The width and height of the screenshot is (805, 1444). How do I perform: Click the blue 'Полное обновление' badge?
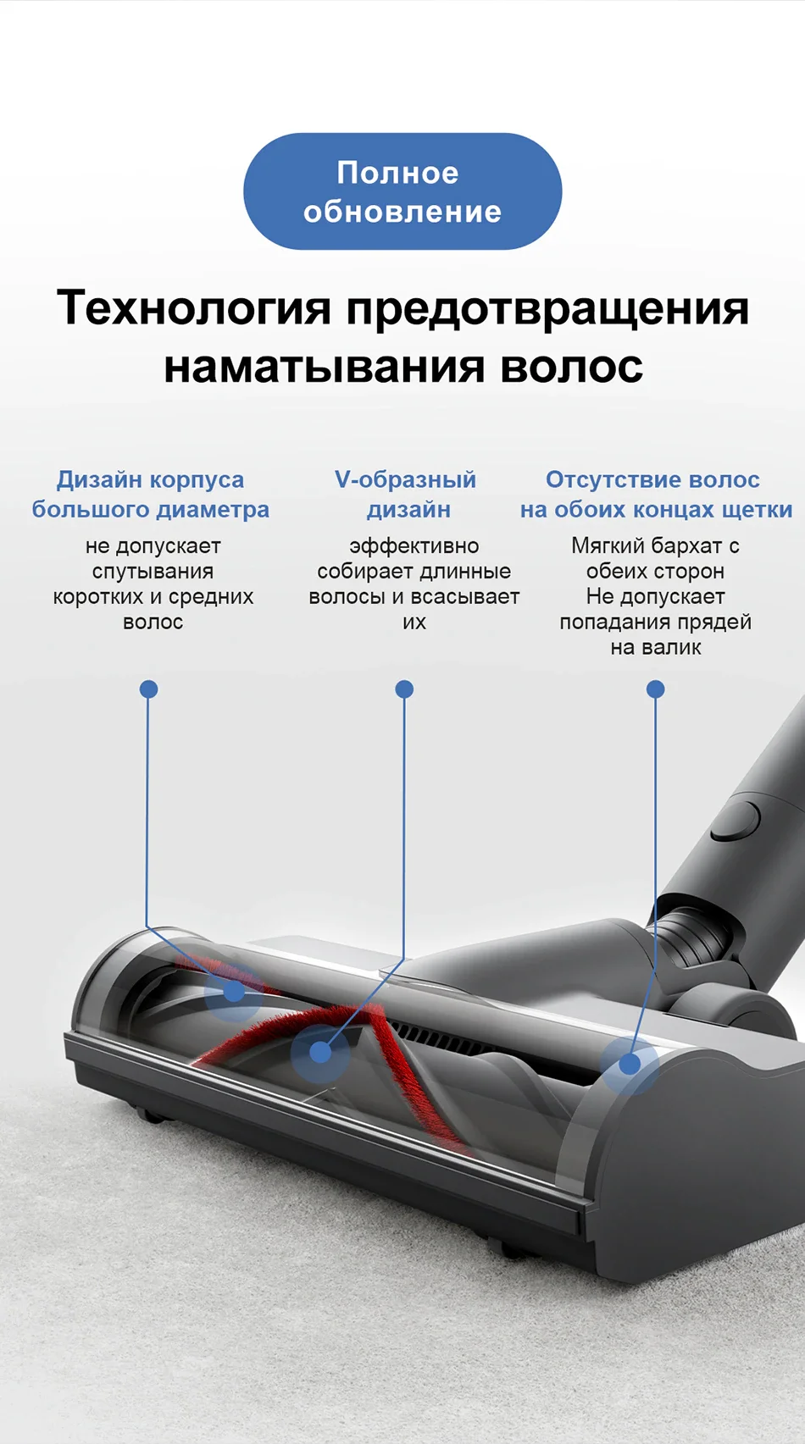click(x=402, y=191)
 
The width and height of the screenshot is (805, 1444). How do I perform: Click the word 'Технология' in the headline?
click(x=194, y=307)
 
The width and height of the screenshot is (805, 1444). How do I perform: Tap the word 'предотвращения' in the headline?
click(x=547, y=308)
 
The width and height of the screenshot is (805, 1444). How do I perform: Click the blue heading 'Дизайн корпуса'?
click(x=150, y=480)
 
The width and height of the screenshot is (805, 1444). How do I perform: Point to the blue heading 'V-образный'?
click(x=405, y=480)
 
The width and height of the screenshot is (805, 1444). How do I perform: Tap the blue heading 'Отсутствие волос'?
click(x=652, y=480)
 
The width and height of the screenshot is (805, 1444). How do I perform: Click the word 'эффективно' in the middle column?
click(x=414, y=546)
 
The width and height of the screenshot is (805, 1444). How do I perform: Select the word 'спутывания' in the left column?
click(x=153, y=572)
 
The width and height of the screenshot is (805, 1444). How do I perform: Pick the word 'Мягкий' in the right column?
click(x=603, y=546)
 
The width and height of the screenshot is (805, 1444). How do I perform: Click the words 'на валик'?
click(x=656, y=648)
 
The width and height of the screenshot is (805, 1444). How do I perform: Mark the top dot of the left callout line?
click(x=148, y=689)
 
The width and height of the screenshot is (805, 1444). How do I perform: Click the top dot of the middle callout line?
click(x=404, y=689)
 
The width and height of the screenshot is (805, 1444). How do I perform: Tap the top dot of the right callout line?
click(x=655, y=689)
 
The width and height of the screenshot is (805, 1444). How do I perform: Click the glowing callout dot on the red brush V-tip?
click(x=320, y=1052)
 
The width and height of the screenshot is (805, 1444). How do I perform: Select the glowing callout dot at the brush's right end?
click(x=630, y=1065)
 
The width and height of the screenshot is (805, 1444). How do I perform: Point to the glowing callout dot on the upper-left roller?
click(x=234, y=991)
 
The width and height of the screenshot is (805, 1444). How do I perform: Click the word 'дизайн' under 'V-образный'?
click(x=408, y=510)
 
